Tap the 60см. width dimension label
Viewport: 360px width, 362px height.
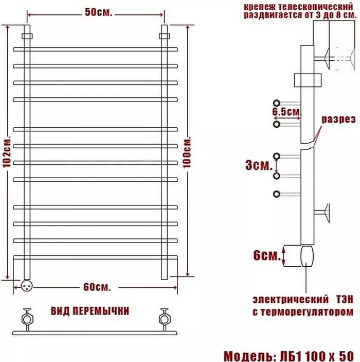[x=97, y=287]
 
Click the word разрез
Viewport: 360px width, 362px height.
[x=339, y=119]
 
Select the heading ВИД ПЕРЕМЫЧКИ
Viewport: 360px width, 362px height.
[x=90, y=311]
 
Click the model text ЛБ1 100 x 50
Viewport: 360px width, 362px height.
[x=315, y=356]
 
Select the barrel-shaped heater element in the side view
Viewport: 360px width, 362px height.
[x=307, y=255]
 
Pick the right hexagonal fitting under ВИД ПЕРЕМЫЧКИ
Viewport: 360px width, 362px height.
[x=165, y=316]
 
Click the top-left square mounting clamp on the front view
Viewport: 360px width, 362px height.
[x=27, y=37]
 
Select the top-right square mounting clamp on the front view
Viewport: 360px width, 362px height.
[x=165, y=37]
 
